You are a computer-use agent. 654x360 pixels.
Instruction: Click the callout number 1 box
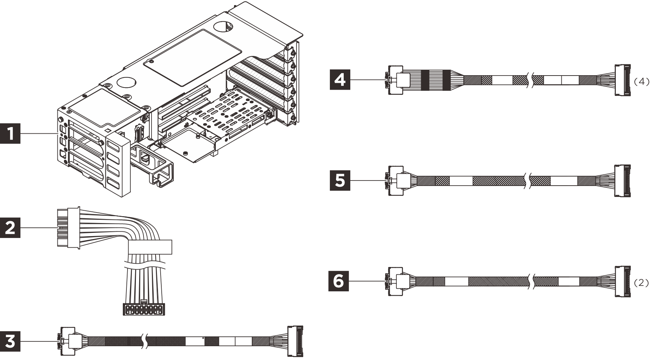[10, 134]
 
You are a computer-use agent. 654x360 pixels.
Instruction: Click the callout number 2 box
[10, 228]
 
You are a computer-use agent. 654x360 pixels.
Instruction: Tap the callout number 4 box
[340, 79]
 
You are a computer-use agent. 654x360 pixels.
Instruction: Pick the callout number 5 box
[340, 180]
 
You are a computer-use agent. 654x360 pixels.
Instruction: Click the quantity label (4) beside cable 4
[641, 82]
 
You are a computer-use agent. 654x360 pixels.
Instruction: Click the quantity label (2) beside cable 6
[641, 283]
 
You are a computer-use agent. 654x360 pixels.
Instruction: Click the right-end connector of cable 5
[622, 181]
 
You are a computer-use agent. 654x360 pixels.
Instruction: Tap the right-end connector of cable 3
[295, 341]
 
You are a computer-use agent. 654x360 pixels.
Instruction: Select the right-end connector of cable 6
[622, 282]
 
